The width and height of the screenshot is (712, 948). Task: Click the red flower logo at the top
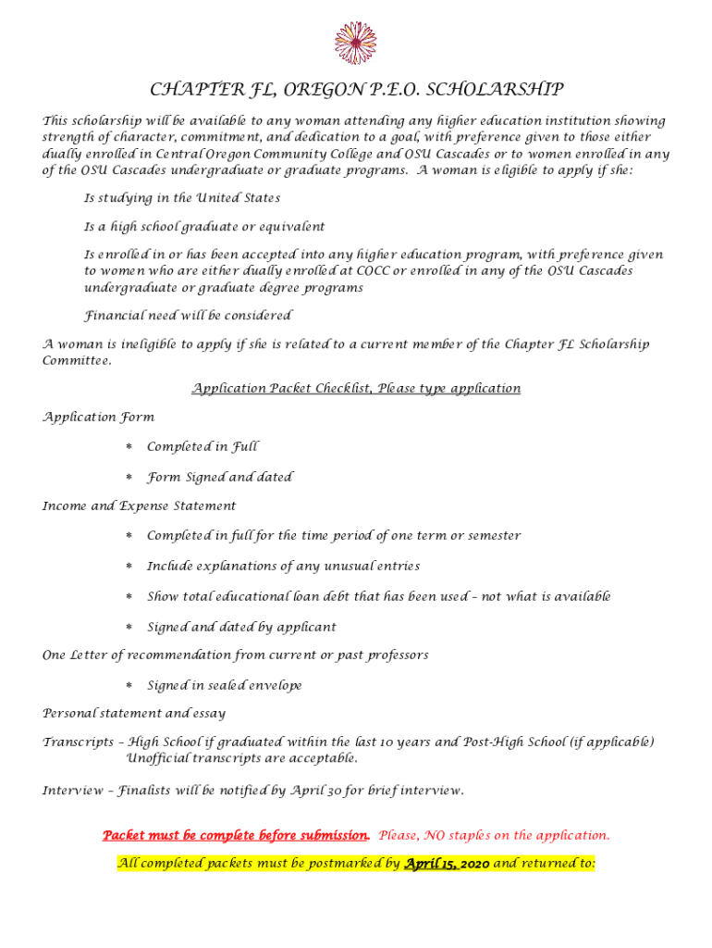(x=355, y=43)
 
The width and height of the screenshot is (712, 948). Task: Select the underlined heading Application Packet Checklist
(x=356, y=389)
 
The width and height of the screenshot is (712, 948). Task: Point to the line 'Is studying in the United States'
(x=182, y=198)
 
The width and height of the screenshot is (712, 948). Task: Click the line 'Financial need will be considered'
(x=188, y=316)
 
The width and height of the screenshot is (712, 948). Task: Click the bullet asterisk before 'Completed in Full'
(x=129, y=447)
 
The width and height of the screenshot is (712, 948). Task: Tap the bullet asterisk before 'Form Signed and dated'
(x=129, y=478)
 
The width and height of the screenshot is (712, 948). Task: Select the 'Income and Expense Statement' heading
(x=140, y=506)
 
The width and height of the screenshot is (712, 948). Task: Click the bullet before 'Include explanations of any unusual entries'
(x=129, y=567)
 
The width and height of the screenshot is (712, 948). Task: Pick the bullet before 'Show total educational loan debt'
(x=129, y=597)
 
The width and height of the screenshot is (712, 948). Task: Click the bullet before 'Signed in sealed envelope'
(x=129, y=686)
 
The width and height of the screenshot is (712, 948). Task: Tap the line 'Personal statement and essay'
(x=134, y=714)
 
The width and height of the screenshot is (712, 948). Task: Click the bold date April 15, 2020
(x=447, y=865)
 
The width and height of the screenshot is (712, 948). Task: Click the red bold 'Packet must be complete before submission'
(x=236, y=836)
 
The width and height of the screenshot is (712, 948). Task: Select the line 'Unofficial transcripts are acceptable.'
(x=241, y=759)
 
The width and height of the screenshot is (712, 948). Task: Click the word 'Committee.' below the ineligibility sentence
(x=77, y=360)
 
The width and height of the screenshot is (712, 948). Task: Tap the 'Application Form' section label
(x=99, y=418)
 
